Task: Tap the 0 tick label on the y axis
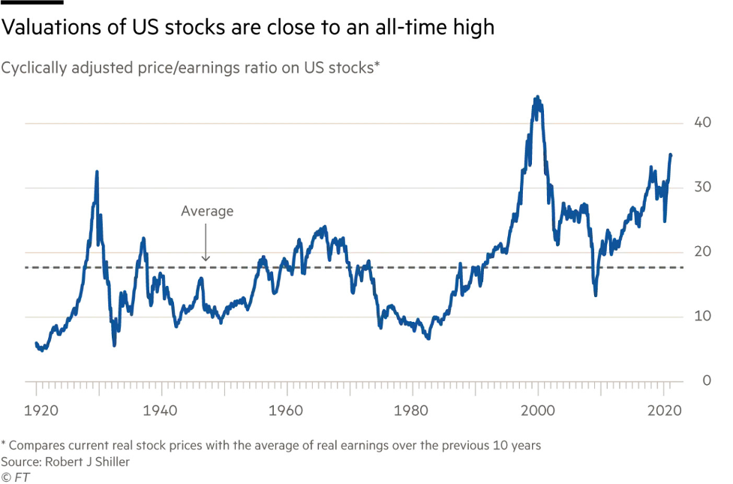[x=705, y=380]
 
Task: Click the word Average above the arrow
[x=207, y=211]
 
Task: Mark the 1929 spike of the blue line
[x=97, y=172]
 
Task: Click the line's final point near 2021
[x=671, y=155]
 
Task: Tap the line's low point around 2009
[x=596, y=294]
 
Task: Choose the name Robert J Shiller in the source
[x=87, y=461]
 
